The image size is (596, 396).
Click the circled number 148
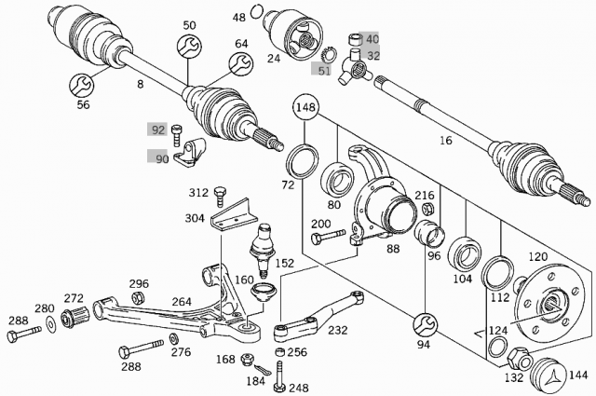click(305, 108)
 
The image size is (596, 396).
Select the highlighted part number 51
click(323, 71)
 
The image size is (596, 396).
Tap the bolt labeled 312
click(221, 193)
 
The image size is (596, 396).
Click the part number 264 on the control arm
click(182, 301)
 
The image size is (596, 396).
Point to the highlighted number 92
click(157, 130)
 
